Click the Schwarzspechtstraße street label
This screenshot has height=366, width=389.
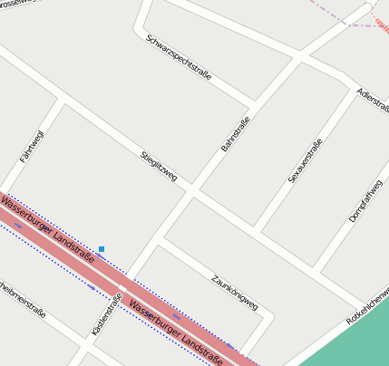[178, 57]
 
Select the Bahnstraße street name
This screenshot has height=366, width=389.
[235, 133]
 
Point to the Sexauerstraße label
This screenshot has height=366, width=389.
[306, 160]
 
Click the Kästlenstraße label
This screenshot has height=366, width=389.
[106, 315]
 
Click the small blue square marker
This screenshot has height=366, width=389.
[102, 248]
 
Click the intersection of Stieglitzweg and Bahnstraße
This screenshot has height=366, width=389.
[192, 191]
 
